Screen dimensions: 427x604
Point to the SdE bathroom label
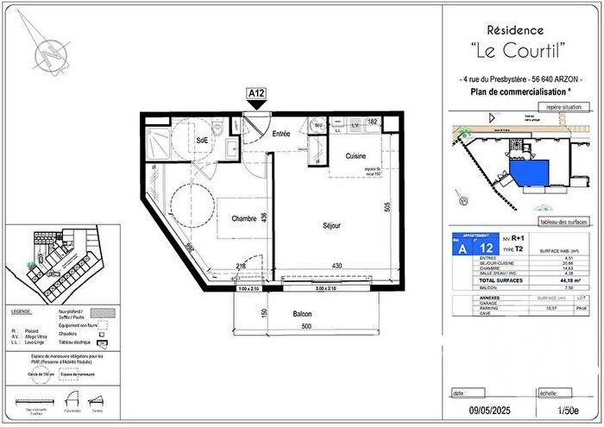(x=202, y=140)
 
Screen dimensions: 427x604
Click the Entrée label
(x=281, y=135)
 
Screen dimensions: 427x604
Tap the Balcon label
(x=301, y=314)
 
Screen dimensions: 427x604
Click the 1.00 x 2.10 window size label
(x=249, y=288)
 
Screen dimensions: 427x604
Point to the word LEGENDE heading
(x=22, y=310)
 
